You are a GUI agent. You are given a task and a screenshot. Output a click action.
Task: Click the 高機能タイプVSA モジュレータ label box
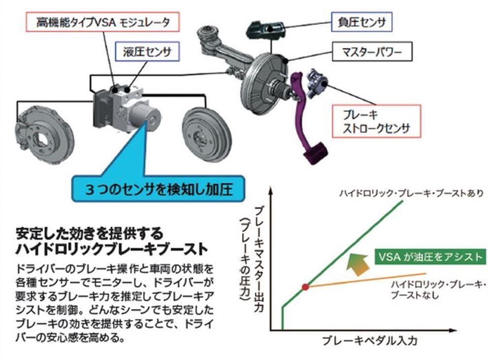tap(102, 22)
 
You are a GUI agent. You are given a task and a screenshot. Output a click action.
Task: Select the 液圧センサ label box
tap(147, 51)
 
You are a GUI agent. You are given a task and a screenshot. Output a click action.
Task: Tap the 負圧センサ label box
tap(362, 22)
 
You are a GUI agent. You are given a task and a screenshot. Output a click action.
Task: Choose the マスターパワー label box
tap(372, 51)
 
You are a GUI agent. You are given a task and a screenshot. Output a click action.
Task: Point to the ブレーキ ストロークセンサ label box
tap(376, 121)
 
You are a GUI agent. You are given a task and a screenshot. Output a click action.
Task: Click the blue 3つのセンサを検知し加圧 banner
tap(159, 189)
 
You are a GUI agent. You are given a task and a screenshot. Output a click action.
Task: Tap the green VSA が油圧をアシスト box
tap(431, 257)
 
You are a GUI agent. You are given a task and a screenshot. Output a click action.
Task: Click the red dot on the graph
tap(305, 287)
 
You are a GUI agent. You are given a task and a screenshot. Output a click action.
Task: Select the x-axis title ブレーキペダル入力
tap(370, 341)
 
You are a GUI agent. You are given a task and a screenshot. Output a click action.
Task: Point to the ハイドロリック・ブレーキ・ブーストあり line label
tap(411, 193)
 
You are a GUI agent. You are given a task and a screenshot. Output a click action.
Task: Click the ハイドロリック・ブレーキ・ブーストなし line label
tap(438, 290)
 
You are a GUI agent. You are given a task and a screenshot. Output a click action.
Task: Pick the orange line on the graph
tap(366, 280)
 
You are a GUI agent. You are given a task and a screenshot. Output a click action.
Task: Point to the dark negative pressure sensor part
tap(264, 30)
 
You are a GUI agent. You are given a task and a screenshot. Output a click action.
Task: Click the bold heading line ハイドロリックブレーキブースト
tap(112, 249)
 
